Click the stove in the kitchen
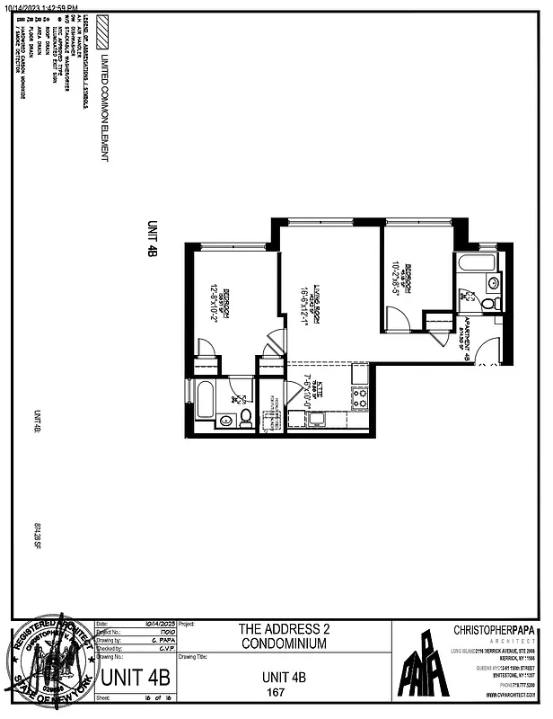pyautogui.click(x=359, y=397)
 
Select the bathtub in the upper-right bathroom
pyautogui.click(x=476, y=263)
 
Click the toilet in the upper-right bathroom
pyautogui.click(x=489, y=303)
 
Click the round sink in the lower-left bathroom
pyautogui.click(x=241, y=398)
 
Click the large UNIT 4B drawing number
pyautogui.click(x=135, y=678)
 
